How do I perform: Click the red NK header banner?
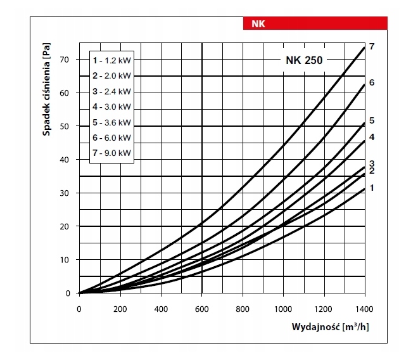(315, 23)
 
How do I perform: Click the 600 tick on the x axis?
(201, 309)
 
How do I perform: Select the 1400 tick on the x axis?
(364, 309)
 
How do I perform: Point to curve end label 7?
(372, 47)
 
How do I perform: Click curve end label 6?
(372, 83)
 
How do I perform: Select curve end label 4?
(372, 137)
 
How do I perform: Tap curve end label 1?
(372, 188)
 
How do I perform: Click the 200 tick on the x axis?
(120, 309)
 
